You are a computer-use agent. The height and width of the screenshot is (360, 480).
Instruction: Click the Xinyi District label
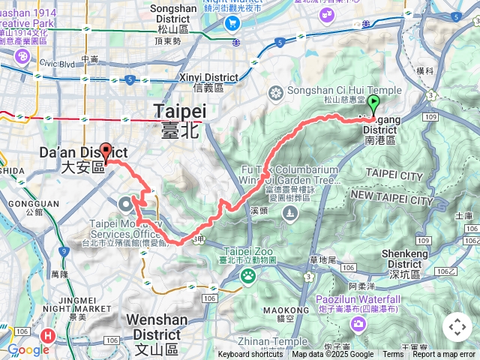[208, 78]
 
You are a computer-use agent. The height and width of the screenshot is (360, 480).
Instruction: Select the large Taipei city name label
[180, 111]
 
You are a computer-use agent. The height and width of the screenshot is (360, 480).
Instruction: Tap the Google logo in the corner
[28, 349]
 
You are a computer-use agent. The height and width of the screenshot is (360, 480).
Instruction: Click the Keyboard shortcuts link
[250, 355]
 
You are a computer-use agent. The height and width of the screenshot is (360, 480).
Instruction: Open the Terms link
[392, 355]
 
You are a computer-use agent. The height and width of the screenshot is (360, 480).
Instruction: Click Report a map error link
[443, 355]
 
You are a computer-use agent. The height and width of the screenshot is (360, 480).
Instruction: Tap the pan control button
[457, 327]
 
